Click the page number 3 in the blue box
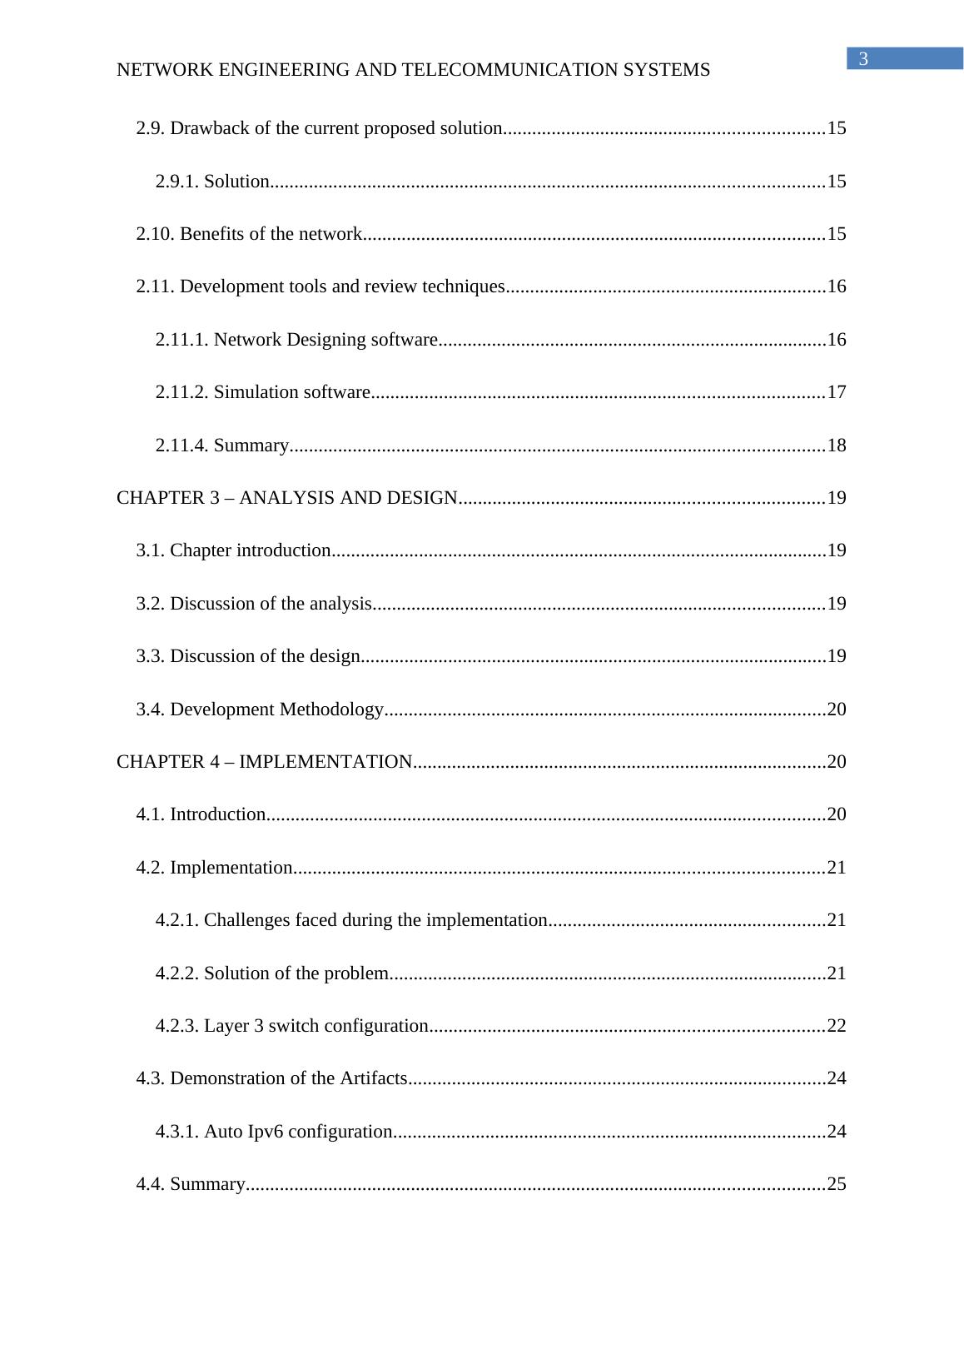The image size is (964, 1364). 863,59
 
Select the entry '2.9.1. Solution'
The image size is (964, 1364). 211,182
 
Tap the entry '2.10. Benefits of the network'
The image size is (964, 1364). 249,234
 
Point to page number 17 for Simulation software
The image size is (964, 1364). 837,392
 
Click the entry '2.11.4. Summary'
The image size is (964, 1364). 221,446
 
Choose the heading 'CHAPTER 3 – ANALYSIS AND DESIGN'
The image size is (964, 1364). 286,498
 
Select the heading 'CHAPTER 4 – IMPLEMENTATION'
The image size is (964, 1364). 264,762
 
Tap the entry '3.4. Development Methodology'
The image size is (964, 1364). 259,709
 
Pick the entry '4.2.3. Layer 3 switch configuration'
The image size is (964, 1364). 291,1026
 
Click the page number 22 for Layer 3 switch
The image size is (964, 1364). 837,1026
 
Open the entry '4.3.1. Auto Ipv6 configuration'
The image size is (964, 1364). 274,1132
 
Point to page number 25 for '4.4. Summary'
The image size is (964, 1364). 837,1184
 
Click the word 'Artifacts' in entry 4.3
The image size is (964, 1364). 373,1078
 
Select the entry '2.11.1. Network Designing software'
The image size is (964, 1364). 296,340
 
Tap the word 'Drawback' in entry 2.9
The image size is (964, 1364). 205,128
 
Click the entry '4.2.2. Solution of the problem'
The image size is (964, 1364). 271,973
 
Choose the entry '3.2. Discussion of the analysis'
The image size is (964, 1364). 253,604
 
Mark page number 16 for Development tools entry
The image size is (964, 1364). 837,286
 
